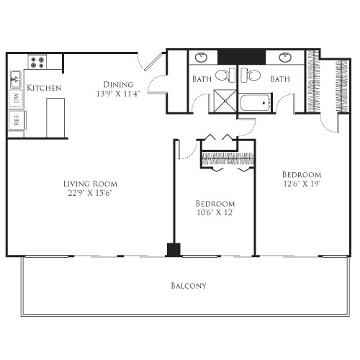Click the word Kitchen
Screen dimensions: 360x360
[44, 88]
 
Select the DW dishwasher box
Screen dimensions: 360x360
[14, 99]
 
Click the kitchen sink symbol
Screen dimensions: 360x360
[14, 76]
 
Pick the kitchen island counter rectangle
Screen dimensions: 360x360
[56, 117]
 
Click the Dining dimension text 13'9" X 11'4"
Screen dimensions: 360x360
[118, 93]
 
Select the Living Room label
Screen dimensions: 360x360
[89, 184]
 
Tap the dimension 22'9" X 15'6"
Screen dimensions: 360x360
[89, 193]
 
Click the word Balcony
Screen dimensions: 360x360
[189, 286]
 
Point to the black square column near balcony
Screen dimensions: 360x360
[173, 250]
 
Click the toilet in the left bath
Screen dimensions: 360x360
[225, 74]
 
